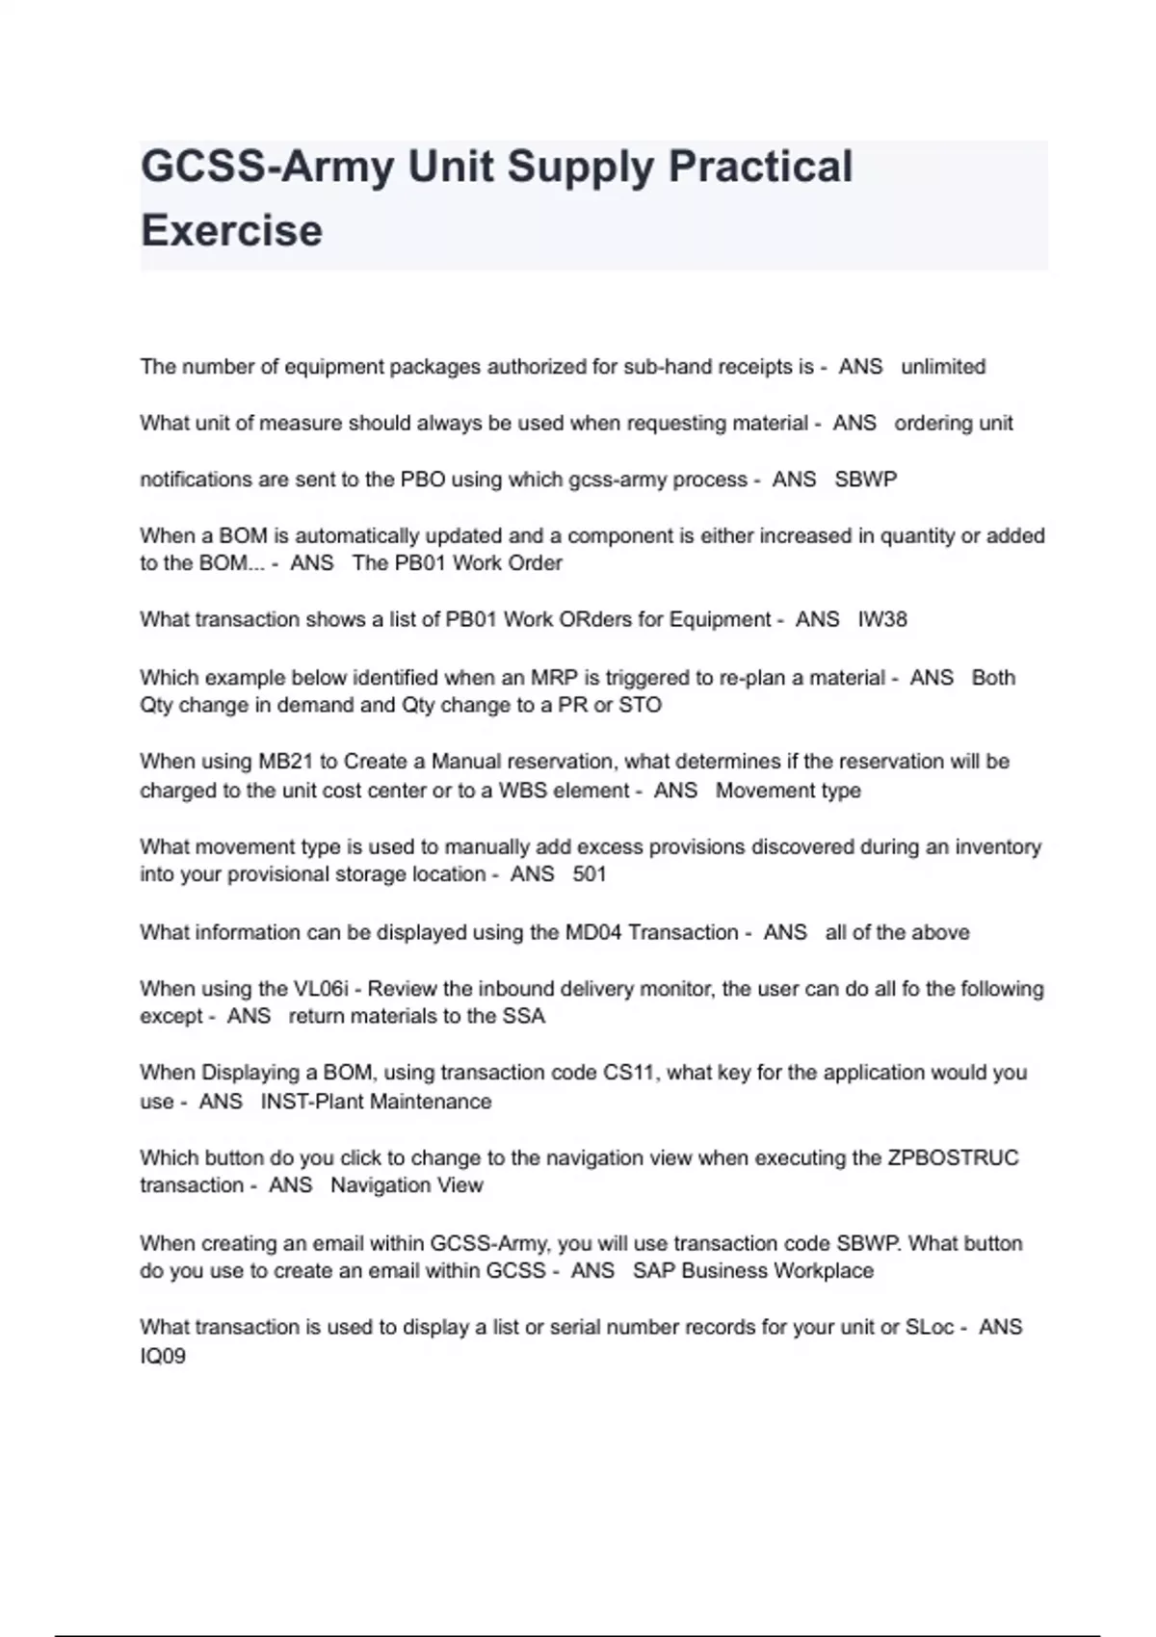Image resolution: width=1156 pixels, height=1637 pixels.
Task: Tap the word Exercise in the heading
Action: click(x=231, y=230)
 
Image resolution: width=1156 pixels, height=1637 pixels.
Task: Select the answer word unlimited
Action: click(x=943, y=367)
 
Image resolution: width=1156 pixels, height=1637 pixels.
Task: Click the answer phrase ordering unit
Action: click(x=954, y=423)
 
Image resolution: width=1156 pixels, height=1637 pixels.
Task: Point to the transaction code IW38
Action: click(x=882, y=619)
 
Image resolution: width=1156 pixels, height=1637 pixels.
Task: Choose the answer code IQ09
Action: click(x=163, y=1356)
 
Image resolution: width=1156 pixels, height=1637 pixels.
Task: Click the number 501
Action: click(x=590, y=874)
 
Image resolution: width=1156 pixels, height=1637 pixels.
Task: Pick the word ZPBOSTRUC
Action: click(x=953, y=1157)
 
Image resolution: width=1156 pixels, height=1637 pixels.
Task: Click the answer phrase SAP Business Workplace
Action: click(x=753, y=1271)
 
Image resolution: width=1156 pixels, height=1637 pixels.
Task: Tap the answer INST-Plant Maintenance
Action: click(x=376, y=1102)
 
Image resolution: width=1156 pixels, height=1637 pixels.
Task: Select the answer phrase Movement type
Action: click(x=788, y=791)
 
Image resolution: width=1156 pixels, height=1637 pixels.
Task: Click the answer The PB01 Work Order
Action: click(x=457, y=563)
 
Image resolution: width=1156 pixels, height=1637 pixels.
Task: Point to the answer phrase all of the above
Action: click(x=897, y=932)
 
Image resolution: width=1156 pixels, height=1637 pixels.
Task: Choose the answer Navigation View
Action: click(x=407, y=1185)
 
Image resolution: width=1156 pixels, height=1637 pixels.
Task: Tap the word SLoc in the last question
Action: click(x=930, y=1327)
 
